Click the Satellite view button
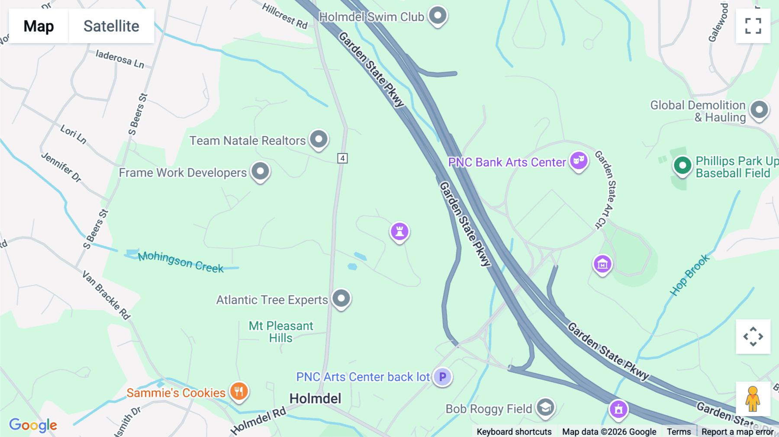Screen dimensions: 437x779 coord(111,26)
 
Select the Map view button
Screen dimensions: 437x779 coord(39,26)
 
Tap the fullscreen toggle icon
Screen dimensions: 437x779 coord(753,26)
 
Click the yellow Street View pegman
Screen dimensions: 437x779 coord(753,398)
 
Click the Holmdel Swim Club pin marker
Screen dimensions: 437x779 coord(438,16)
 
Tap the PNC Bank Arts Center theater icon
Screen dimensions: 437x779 coord(579,161)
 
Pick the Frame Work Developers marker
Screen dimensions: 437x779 coord(260,171)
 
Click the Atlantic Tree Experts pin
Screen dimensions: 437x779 coord(341,299)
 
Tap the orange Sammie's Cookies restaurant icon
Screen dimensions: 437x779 coord(238,392)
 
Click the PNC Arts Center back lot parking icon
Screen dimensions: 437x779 coord(442,377)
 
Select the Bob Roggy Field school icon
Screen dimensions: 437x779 coord(545,408)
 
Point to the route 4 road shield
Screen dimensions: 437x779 coord(342,158)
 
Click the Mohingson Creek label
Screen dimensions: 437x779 coord(180,262)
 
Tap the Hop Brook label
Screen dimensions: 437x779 coord(690,275)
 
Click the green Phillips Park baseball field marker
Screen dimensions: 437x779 coord(682,166)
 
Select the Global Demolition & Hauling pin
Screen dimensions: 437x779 coord(759,110)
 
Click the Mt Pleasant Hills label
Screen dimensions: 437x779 coord(280,332)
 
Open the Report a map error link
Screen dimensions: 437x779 coord(737,431)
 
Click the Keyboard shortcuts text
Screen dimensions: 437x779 coord(514,431)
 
